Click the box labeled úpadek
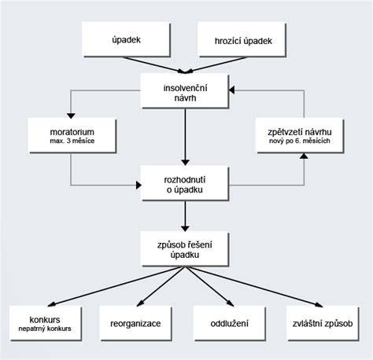coord(126,39)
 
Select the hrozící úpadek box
coord(242,39)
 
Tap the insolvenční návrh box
coord(185,91)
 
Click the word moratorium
coord(72,132)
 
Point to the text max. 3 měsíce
coord(72,141)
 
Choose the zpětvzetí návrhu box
coord(300,135)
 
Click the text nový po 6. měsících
coord(300,141)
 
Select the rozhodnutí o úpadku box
coord(185,183)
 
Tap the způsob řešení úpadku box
coord(185,249)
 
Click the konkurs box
coord(46,323)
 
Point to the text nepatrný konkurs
coord(45,329)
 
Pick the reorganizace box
coord(135,323)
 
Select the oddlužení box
coord(229,323)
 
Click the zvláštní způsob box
coord(323,323)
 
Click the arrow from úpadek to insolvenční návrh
coord(155,65)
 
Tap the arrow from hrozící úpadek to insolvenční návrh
coord(216,65)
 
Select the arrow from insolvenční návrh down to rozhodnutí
coord(185,137)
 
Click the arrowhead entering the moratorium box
coord(71,116)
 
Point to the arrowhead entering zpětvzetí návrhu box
coord(304,156)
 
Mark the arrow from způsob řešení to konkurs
coord(116,286)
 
